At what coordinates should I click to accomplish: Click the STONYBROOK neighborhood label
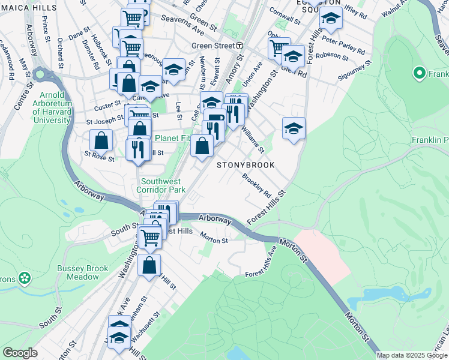pyautogui.click(x=246, y=165)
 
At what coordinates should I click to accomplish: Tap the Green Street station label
pyautogui.click(x=213, y=46)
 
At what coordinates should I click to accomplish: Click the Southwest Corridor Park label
pyautogui.click(x=163, y=185)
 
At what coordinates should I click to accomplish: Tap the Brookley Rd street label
pyautogui.click(x=257, y=184)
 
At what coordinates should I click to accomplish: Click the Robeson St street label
pyautogui.click(x=331, y=56)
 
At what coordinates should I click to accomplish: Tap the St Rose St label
pyautogui.click(x=99, y=157)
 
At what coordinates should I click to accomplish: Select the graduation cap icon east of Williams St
pyautogui.click(x=294, y=128)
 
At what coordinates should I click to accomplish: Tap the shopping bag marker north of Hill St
pyautogui.click(x=149, y=265)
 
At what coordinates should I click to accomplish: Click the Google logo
pyautogui.click(x=20, y=353)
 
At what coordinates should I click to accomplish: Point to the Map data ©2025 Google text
pyautogui.click(x=412, y=355)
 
